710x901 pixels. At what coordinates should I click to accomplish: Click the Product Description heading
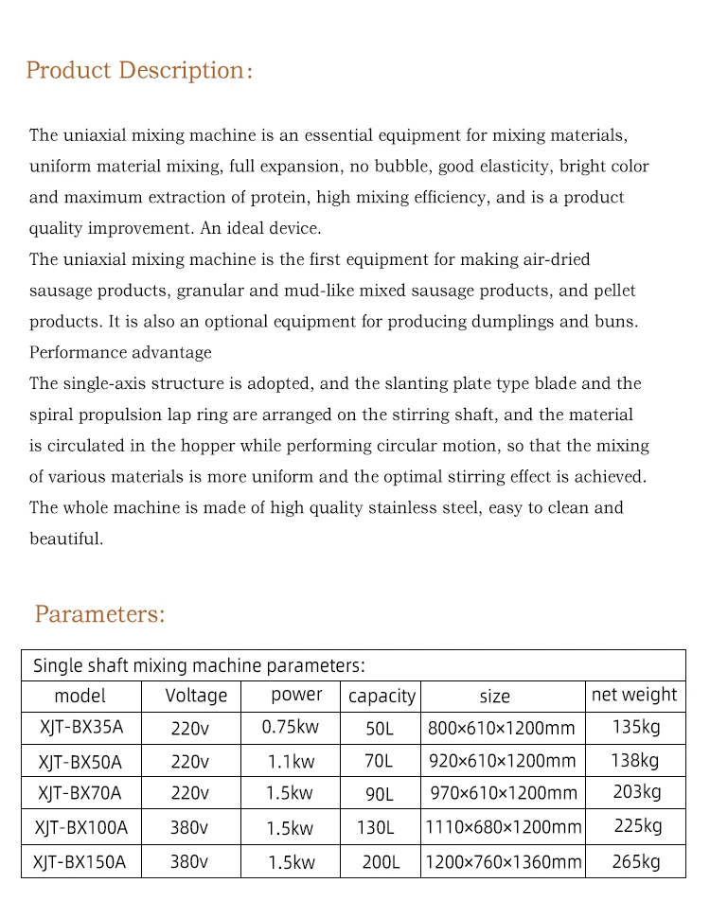139,71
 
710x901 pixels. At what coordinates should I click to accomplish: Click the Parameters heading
99,614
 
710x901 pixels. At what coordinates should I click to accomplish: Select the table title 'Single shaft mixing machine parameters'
199,665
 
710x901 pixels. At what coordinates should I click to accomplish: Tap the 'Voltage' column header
196,696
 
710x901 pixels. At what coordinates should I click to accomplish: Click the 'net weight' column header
634,695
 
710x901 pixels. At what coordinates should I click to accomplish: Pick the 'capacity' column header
382,697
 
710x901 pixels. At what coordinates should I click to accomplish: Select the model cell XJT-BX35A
80,728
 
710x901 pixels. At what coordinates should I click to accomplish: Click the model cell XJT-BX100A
80,828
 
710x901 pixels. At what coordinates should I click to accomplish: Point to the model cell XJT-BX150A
80,862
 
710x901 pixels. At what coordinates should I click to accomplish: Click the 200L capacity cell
381,862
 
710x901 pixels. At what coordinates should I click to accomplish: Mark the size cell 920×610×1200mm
502,760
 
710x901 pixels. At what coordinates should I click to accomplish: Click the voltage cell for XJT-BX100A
189,828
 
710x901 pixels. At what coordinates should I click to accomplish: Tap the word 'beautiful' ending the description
65,539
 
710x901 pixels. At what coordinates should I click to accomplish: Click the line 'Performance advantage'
120,353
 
